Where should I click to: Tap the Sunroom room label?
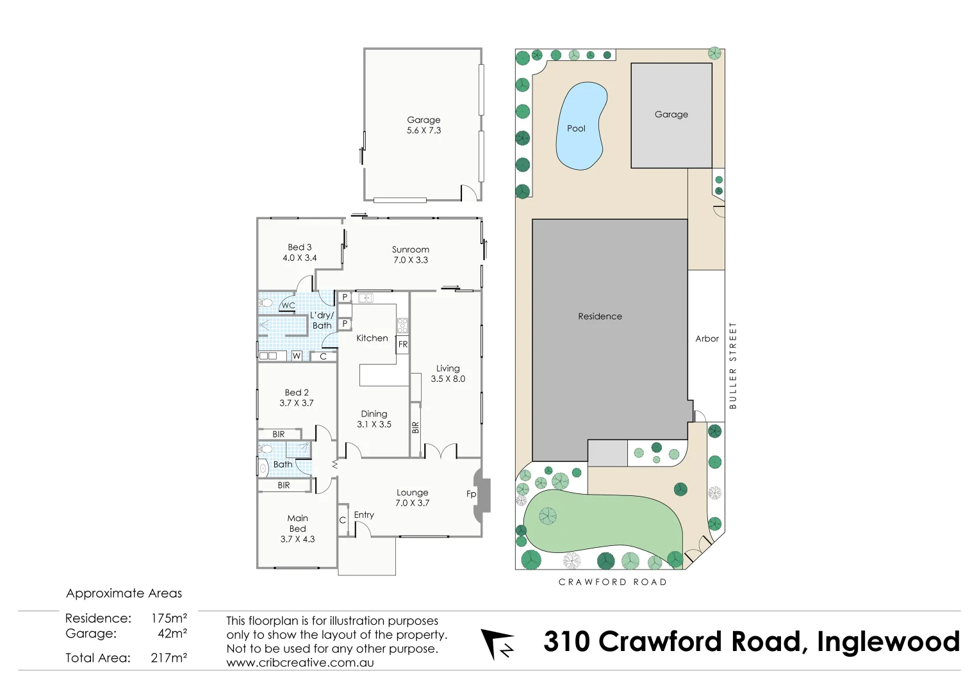tap(411, 249)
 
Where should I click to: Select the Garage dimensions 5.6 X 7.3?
tap(424, 130)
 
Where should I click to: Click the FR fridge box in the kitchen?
tap(402, 344)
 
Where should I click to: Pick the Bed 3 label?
tap(299, 247)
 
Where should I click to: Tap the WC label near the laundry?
tap(288, 306)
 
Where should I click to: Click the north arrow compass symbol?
tap(497, 643)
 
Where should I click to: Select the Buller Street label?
tap(733, 365)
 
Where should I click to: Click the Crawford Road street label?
tap(613, 582)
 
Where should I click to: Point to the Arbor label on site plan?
tap(707, 338)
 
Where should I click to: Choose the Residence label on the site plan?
tap(600, 316)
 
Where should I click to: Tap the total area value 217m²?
tap(169, 657)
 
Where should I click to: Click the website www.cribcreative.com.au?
tap(300, 663)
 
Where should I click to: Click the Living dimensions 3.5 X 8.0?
tap(448, 379)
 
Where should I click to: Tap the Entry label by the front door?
tap(364, 515)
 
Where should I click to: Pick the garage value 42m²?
tap(172, 633)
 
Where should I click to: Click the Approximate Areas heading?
tap(124, 593)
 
